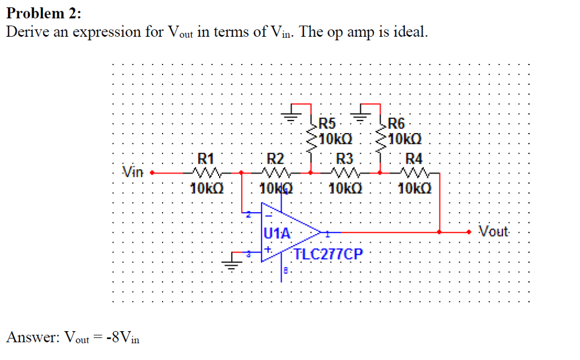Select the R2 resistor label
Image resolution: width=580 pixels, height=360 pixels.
275,158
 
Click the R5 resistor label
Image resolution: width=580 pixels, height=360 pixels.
327,123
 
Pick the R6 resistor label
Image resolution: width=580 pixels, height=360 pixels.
398,123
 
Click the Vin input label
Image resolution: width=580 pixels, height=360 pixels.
134,171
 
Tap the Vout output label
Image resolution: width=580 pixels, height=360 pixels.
494,232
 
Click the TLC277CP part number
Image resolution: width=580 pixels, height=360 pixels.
327,254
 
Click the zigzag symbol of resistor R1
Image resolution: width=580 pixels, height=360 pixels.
203,172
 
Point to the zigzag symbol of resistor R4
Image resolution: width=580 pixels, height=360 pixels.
415,172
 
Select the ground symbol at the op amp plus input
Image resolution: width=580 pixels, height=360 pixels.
232,264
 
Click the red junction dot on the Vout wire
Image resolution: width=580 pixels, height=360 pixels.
440,232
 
